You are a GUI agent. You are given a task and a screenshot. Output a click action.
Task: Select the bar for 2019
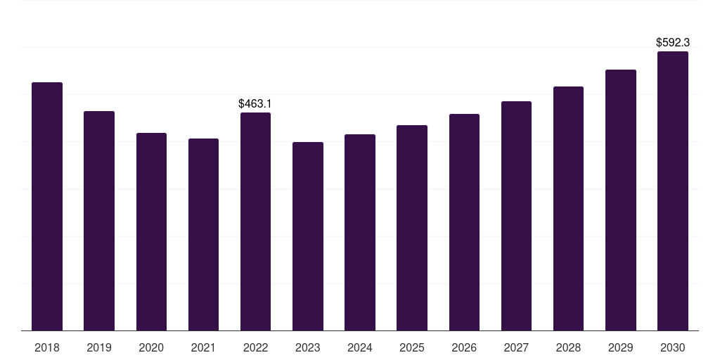99,221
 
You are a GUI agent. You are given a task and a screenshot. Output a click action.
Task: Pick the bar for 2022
255,221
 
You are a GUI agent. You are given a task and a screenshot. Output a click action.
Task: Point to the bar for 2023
308,236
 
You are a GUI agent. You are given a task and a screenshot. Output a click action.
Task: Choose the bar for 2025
412,228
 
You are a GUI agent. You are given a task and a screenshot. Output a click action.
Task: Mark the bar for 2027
516,216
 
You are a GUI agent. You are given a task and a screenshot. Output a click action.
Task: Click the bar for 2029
621,200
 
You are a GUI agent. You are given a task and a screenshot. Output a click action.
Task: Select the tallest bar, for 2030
673,191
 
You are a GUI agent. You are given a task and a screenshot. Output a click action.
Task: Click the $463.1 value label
255,104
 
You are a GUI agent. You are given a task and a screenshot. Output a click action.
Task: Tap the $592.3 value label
673,43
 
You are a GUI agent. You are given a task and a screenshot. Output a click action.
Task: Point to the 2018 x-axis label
47,347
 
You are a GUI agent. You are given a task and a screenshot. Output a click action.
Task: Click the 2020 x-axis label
151,347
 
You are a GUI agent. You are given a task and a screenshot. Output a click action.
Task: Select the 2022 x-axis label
255,347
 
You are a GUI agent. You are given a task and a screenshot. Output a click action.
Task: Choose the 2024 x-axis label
360,347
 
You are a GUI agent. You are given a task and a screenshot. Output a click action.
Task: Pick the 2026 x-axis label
464,347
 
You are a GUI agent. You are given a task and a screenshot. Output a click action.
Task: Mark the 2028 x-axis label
568,347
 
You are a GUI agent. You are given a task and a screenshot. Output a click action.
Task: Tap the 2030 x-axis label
673,347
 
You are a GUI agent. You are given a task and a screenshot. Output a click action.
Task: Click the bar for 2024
360,232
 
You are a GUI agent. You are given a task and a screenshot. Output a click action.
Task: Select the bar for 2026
464,222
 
